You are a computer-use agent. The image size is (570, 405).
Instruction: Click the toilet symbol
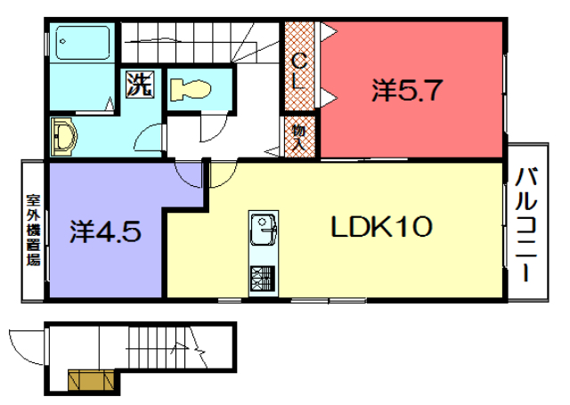click(191, 89)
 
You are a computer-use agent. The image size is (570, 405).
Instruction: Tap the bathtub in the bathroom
click(83, 43)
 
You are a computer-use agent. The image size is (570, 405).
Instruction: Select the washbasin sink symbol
click(63, 136)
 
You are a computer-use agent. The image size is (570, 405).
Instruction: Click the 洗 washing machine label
click(140, 85)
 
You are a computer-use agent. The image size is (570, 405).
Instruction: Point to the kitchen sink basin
click(264, 230)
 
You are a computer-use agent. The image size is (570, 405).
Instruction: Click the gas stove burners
click(264, 279)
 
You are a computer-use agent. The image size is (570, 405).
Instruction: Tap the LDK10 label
click(381, 226)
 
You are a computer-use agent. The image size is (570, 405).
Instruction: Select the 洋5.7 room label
click(407, 90)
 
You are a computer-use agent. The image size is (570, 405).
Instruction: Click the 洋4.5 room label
click(105, 231)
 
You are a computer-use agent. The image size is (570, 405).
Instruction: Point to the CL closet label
click(299, 71)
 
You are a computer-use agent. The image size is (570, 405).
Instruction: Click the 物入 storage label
click(299, 136)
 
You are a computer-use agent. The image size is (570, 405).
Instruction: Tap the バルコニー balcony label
click(526, 224)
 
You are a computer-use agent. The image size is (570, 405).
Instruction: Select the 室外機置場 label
click(33, 230)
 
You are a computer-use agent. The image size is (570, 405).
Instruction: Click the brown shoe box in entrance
click(91, 380)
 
